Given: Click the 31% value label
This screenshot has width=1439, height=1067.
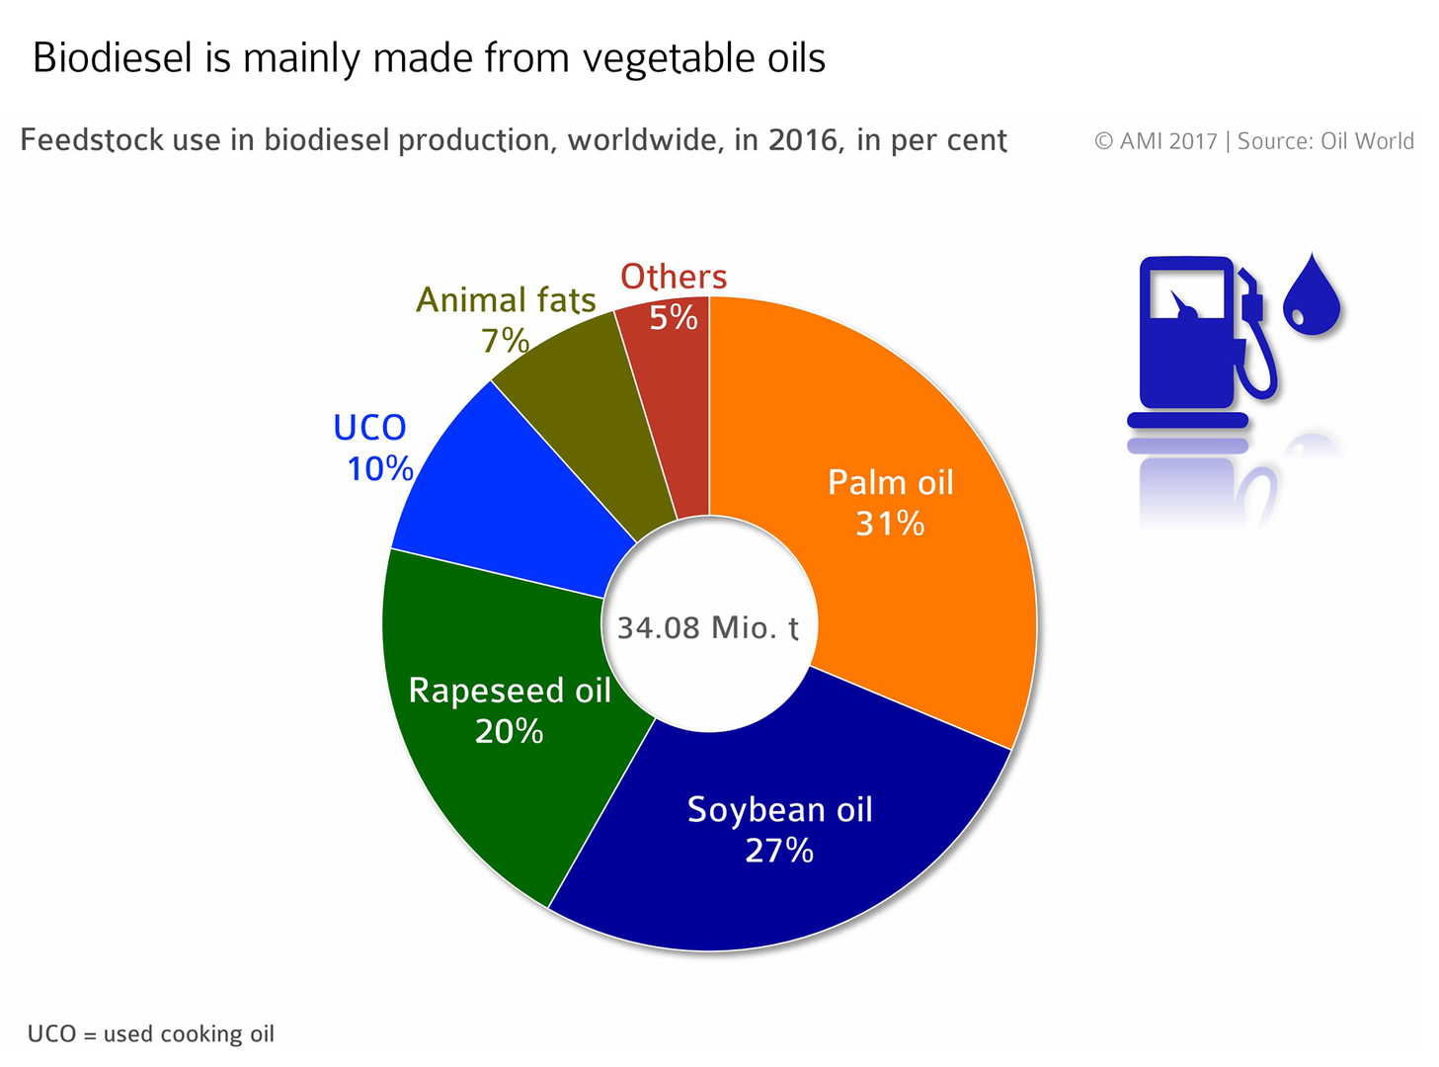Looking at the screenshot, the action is pyautogui.click(x=890, y=523).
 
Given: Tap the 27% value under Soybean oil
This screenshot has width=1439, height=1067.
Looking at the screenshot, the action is pyautogui.click(x=778, y=851).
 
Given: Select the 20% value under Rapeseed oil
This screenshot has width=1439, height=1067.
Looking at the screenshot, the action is pyautogui.click(x=509, y=731).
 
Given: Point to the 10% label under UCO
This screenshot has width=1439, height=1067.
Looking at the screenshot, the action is pyautogui.click(x=380, y=468).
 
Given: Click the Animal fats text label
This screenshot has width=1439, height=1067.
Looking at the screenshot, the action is pyautogui.click(x=506, y=300).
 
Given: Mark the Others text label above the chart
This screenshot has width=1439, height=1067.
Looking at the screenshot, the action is pyautogui.click(x=674, y=276).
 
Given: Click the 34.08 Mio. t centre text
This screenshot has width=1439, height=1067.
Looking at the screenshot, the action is pyautogui.click(x=708, y=627).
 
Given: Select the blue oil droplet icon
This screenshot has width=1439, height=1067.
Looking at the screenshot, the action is pyautogui.click(x=1312, y=295).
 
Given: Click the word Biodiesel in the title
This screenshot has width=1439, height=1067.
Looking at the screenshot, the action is pyautogui.click(x=113, y=57).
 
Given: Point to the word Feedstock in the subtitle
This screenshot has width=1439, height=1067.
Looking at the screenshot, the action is pyautogui.click(x=92, y=140).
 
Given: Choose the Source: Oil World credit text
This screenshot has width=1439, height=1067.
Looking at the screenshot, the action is pyautogui.click(x=1325, y=141).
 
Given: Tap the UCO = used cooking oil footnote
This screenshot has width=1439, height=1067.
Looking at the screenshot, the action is pyautogui.click(x=150, y=1033).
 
